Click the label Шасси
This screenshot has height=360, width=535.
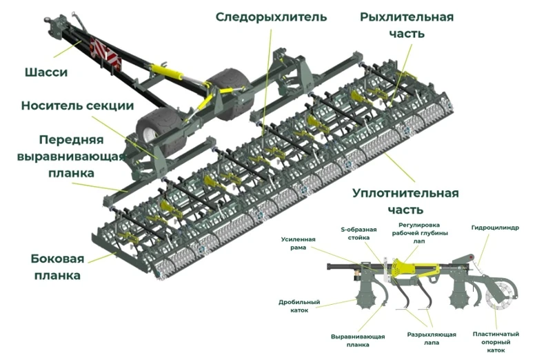46,72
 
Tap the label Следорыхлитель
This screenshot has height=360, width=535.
271,16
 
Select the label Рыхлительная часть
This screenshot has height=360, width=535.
407,25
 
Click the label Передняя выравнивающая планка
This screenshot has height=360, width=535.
71,156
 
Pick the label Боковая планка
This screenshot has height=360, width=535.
57,267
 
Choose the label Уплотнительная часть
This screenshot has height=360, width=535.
405,201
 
